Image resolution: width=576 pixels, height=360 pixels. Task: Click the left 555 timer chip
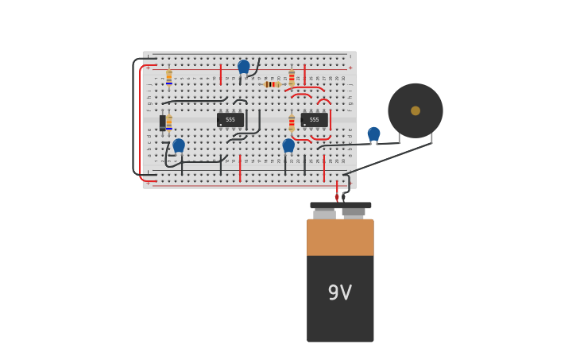230,120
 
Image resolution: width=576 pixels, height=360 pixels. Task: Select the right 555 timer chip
315,120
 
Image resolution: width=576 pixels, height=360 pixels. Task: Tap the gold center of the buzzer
416,110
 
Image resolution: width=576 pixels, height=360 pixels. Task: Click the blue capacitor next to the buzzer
373,134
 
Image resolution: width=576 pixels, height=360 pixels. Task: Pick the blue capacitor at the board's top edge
243,66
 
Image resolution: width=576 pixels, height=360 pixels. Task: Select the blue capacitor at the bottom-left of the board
179,145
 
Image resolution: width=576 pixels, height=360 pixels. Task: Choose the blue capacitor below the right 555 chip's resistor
288,145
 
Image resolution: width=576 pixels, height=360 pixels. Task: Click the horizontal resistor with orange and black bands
272,84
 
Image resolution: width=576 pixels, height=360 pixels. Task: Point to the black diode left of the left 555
163,122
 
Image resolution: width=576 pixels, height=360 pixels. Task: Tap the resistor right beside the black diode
169,122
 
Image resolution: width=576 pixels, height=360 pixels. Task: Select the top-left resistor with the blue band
169,77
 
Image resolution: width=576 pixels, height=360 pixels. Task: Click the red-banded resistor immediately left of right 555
292,122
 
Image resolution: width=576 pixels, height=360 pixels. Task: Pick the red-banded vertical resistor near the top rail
292,77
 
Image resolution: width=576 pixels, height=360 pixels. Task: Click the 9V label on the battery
340,293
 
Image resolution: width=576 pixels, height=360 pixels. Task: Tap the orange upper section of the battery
340,237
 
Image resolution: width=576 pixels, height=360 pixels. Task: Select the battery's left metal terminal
324,214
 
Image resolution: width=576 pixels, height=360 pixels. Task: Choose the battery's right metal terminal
354,213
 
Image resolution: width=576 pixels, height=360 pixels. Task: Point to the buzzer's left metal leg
399,138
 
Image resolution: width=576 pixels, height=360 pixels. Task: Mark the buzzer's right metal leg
431,137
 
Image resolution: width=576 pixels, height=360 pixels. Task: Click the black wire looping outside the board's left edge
133,119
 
